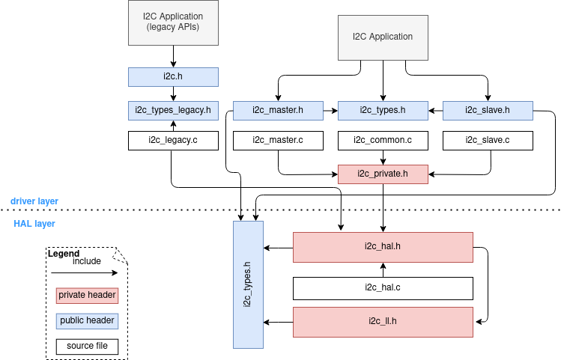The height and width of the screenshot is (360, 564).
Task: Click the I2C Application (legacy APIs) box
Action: (173, 22)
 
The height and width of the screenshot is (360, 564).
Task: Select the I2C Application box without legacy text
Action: (383, 37)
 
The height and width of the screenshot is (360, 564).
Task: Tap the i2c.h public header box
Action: (173, 77)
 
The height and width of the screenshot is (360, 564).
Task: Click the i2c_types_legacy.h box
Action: (173, 111)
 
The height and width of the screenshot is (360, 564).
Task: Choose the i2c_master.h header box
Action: (278, 111)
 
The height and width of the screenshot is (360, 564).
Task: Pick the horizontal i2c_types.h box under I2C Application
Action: (383, 111)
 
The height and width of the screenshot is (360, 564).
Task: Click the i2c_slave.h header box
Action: (488, 111)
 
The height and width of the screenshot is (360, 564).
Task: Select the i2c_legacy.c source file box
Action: (173, 141)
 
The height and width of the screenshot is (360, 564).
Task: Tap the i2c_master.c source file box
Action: (278, 141)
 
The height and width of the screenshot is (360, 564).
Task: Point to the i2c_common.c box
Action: (383, 141)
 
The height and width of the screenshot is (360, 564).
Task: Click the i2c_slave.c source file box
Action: (488, 141)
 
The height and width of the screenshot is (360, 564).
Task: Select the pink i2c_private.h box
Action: (383, 174)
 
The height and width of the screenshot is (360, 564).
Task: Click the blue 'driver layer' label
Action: (34, 201)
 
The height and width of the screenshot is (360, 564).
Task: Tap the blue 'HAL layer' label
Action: (34, 224)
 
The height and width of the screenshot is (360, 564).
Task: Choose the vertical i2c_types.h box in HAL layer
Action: (248, 284)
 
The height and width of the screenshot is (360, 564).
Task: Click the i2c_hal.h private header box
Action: (383, 247)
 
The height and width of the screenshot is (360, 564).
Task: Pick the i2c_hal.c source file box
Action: (383, 288)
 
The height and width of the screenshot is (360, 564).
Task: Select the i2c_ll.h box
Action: (383, 322)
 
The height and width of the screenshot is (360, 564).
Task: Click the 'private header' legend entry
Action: (87, 296)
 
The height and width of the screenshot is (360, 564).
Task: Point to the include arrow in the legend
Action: (84, 272)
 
